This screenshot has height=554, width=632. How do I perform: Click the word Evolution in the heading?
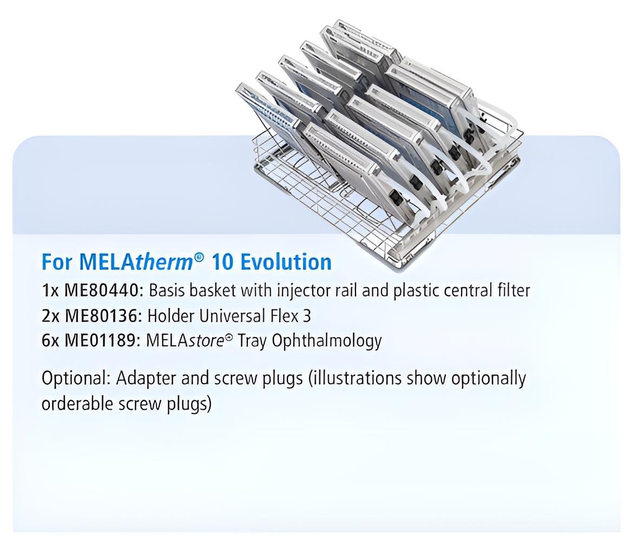(286, 262)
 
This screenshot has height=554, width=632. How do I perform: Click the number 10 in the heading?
(222, 262)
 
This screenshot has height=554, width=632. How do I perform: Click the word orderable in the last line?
(77, 404)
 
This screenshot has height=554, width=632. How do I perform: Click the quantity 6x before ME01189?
(51, 341)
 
